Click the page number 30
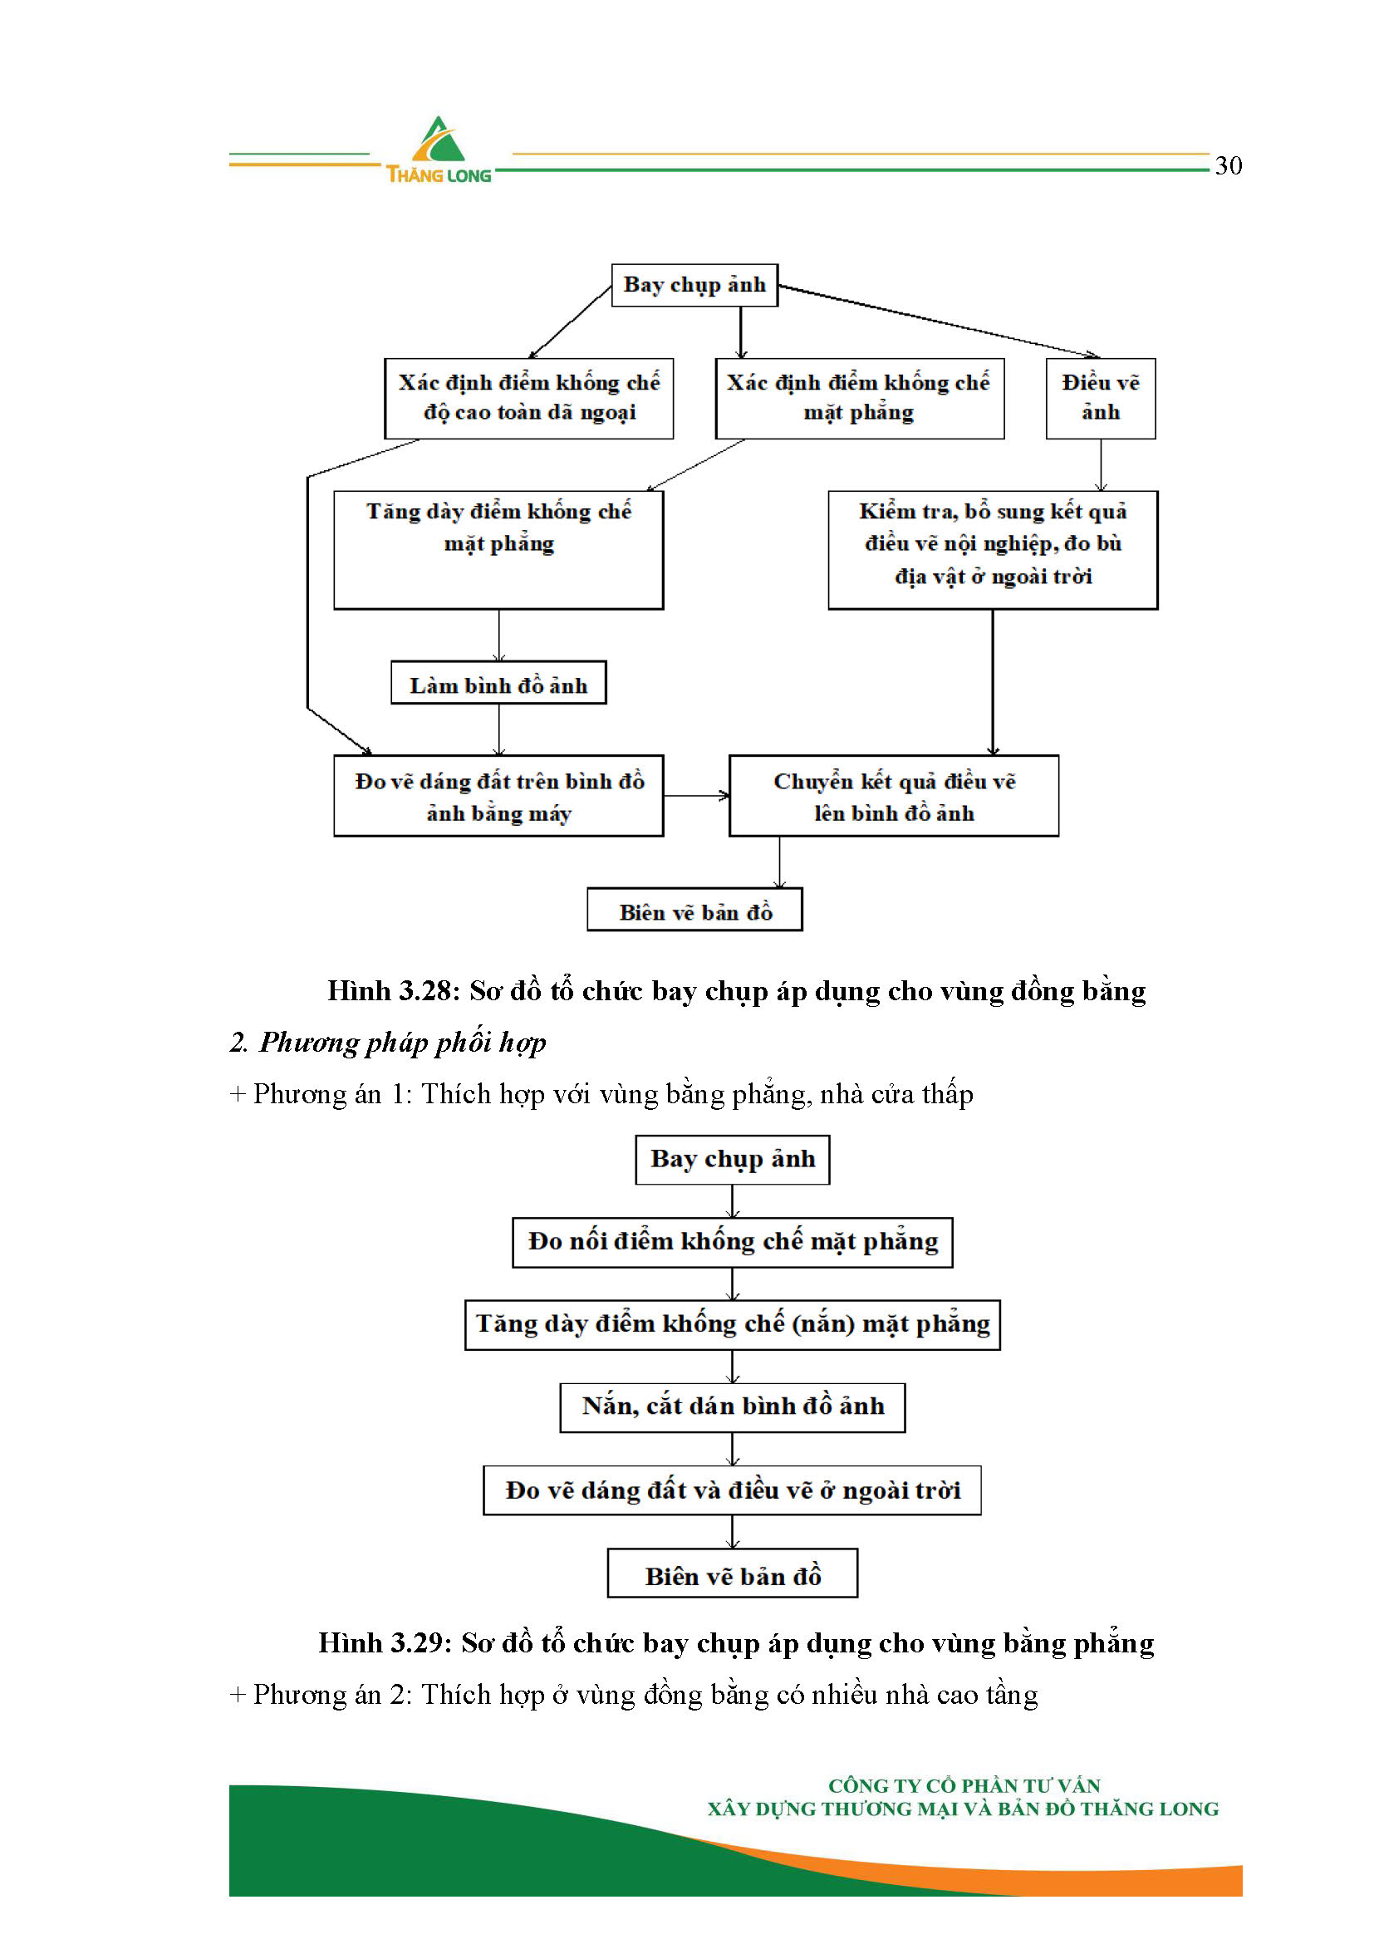click(x=1229, y=165)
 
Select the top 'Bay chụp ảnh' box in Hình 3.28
click(x=694, y=285)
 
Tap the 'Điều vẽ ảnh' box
click(x=1101, y=399)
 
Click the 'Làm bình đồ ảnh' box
click(x=498, y=683)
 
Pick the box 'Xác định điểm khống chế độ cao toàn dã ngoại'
click(x=529, y=399)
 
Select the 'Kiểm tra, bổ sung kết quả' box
click(x=994, y=550)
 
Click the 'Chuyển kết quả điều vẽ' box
click(x=895, y=796)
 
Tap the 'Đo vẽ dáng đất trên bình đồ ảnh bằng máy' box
click(x=498, y=796)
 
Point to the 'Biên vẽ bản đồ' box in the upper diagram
click(x=694, y=910)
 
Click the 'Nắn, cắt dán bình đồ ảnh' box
click(x=733, y=1408)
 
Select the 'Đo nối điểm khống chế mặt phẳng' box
click(x=733, y=1243)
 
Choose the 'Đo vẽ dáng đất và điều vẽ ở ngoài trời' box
click(x=733, y=1490)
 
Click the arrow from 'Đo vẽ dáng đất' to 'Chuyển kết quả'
click(x=696, y=795)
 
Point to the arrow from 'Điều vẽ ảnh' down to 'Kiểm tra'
click(x=1101, y=465)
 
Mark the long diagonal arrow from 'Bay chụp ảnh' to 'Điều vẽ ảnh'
click(x=940, y=322)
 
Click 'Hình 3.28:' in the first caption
click(x=394, y=991)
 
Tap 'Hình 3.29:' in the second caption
click(x=384, y=1643)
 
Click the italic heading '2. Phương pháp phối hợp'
click(x=387, y=1043)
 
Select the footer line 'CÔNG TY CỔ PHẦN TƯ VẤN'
click(x=964, y=1786)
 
